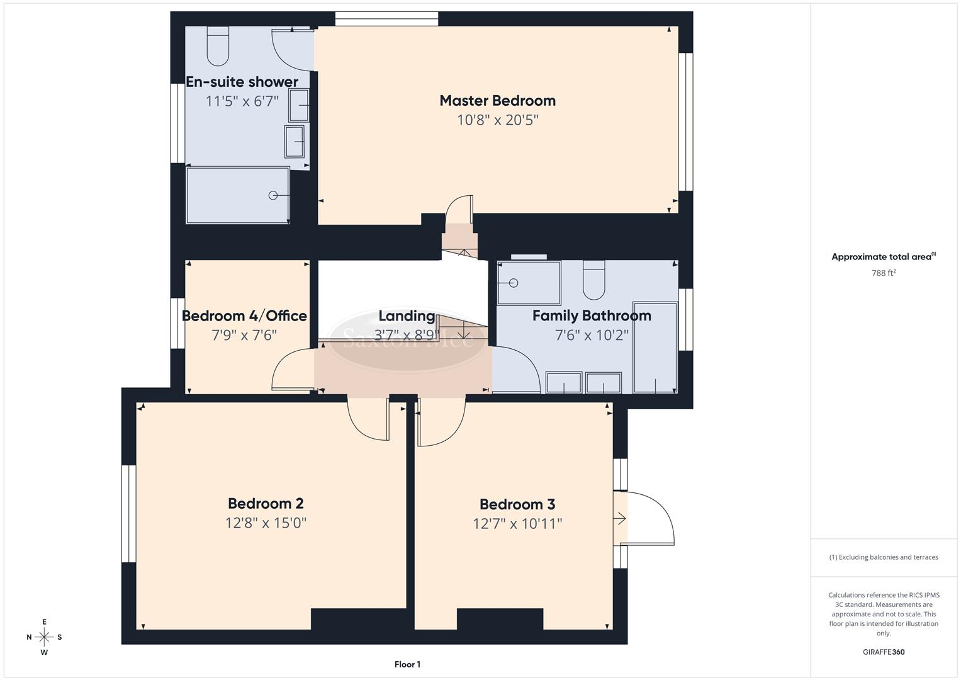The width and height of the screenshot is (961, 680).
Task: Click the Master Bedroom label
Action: pos(497,101)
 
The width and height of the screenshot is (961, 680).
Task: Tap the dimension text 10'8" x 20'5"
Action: pos(497,120)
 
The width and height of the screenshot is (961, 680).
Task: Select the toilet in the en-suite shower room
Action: pos(218,47)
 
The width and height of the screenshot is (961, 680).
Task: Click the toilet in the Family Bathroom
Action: pos(593,280)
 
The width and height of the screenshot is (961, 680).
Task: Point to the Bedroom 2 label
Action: pos(266,504)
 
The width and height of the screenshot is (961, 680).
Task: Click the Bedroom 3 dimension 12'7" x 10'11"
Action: pos(517,524)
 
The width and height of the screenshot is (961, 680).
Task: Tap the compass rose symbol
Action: pos(44,637)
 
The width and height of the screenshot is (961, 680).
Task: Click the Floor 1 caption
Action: pos(407,664)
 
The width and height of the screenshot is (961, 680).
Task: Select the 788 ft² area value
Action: pos(884,273)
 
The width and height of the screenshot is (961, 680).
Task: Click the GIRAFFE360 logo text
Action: pos(884,652)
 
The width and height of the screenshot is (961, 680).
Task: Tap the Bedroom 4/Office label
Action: pos(244,316)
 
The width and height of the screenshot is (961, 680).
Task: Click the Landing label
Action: pos(407,316)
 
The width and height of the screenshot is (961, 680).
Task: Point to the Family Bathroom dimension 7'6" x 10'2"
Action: pos(592,335)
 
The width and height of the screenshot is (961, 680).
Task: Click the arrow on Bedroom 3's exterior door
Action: pos(620,519)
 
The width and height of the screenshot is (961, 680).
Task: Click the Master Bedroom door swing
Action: pos(458,208)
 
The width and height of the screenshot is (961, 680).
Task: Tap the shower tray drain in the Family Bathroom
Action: pos(513,283)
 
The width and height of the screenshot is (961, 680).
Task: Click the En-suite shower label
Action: pos(242,82)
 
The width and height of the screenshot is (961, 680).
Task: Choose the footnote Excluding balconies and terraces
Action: pos(884,557)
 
